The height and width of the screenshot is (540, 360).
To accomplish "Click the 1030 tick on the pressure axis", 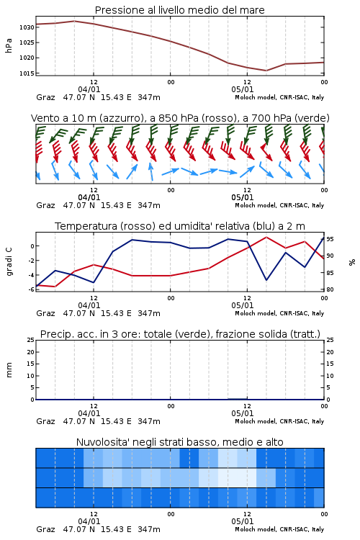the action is click(27, 27).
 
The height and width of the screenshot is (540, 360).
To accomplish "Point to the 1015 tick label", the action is click(27, 73).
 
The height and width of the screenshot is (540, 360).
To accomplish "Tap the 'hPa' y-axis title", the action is click(9, 45).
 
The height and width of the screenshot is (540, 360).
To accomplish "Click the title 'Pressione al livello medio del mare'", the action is click(180, 10).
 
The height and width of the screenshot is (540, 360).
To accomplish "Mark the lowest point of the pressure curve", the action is click(266, 71).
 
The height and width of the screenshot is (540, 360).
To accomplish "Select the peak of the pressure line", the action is click(75, 21).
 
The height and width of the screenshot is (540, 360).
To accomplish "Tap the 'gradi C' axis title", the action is click(9, 262).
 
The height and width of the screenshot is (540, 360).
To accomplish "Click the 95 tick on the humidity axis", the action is click(330, 239).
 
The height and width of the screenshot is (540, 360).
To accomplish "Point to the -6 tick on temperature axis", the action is click(31, 289).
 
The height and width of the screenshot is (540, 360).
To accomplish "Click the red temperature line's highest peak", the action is click(266, 237).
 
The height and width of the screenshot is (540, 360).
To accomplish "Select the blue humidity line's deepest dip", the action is click(266, 280).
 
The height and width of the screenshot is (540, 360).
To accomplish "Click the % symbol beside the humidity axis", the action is click(352, 262).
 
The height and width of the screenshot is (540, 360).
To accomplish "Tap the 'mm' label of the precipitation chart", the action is click(9, 370).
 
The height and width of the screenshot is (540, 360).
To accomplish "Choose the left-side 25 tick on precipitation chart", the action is click(31, 340).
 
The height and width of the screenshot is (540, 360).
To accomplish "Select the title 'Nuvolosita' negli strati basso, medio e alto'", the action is click(180, 442).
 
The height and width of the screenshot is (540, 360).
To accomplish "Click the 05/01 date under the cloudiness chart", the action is click(243, 521).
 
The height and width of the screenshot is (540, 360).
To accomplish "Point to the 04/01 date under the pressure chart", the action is click(89, 89).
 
